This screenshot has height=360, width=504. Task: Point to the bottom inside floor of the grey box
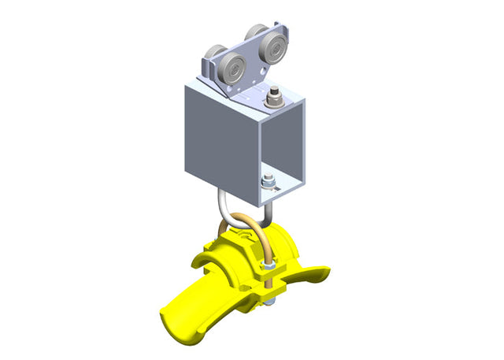280,188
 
